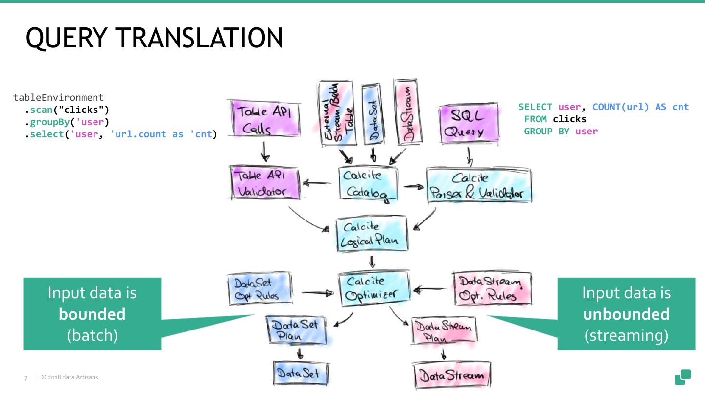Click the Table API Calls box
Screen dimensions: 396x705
click(x=263, y=120)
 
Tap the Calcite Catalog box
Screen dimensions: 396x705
click(x=368, y=183)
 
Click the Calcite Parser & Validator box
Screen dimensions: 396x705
click(x=478, y=186)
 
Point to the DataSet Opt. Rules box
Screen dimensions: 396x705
click(x=259, y=289)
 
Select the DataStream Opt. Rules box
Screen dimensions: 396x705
click(x=491, y=289)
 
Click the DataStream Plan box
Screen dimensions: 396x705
click(x=443, y=331)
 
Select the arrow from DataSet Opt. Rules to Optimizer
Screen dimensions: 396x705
click(x=317, y=293)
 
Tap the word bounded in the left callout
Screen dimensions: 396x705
click(x=92, y=314)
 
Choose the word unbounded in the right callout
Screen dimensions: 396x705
click(x=626, y=314)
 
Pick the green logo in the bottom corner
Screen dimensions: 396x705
click(x=682, y=377)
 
